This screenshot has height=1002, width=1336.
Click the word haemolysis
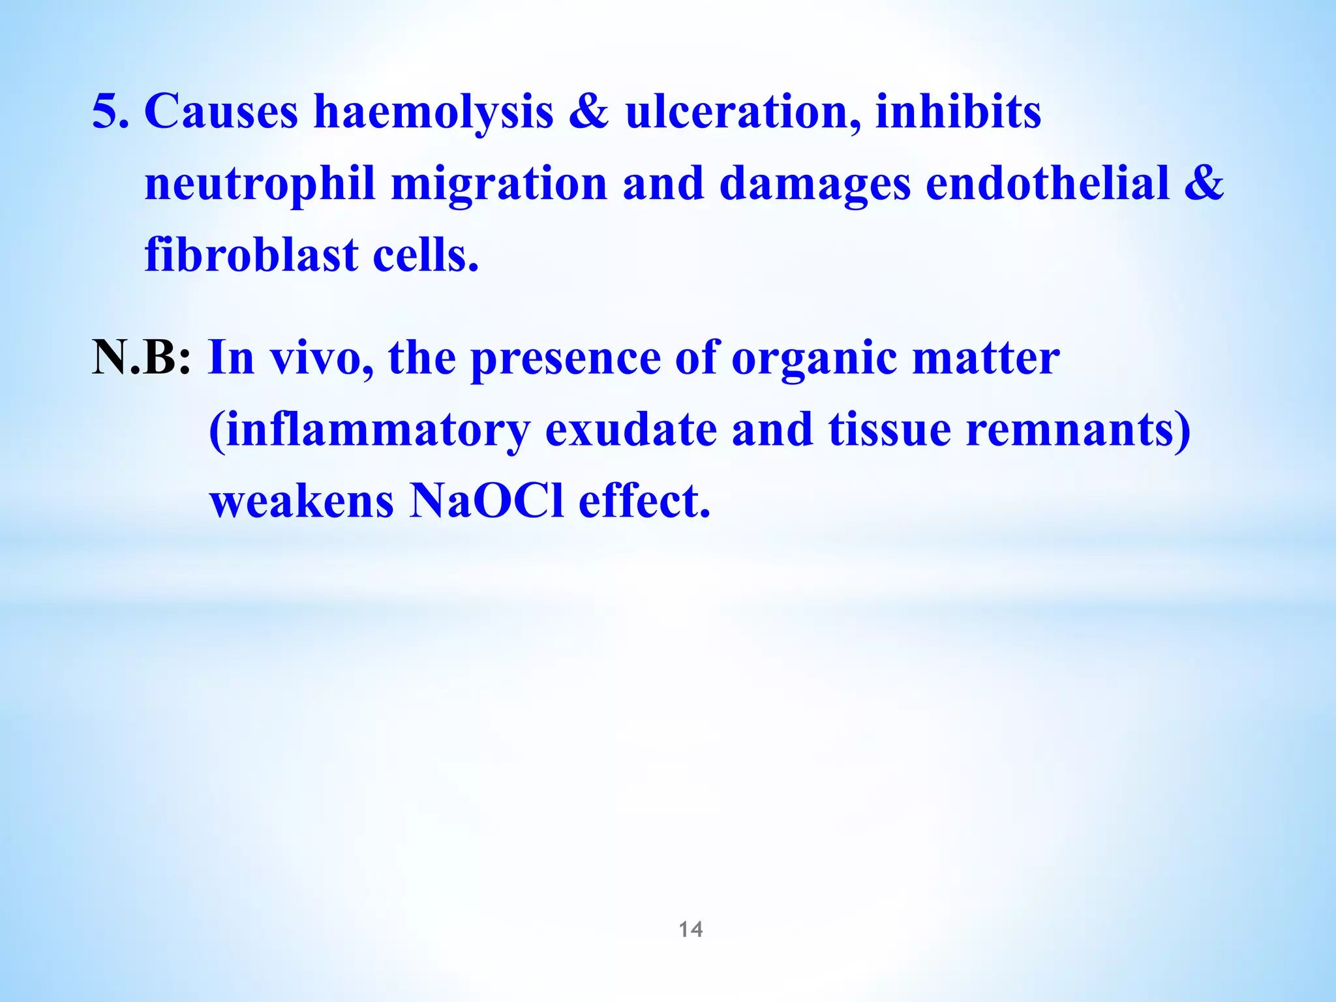(x=433, y=112)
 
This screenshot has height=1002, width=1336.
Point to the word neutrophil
(x=260, y=184)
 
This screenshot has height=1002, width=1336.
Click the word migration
(x=499, y=184)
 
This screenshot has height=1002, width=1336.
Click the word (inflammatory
(x=369, y=431)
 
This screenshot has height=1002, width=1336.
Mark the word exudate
(x=631, y=431)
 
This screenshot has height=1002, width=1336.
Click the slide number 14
(x=691, y=929)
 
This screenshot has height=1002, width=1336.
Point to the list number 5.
(x=110, y=112)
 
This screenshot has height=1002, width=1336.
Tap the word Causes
(x=221, y=112)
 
